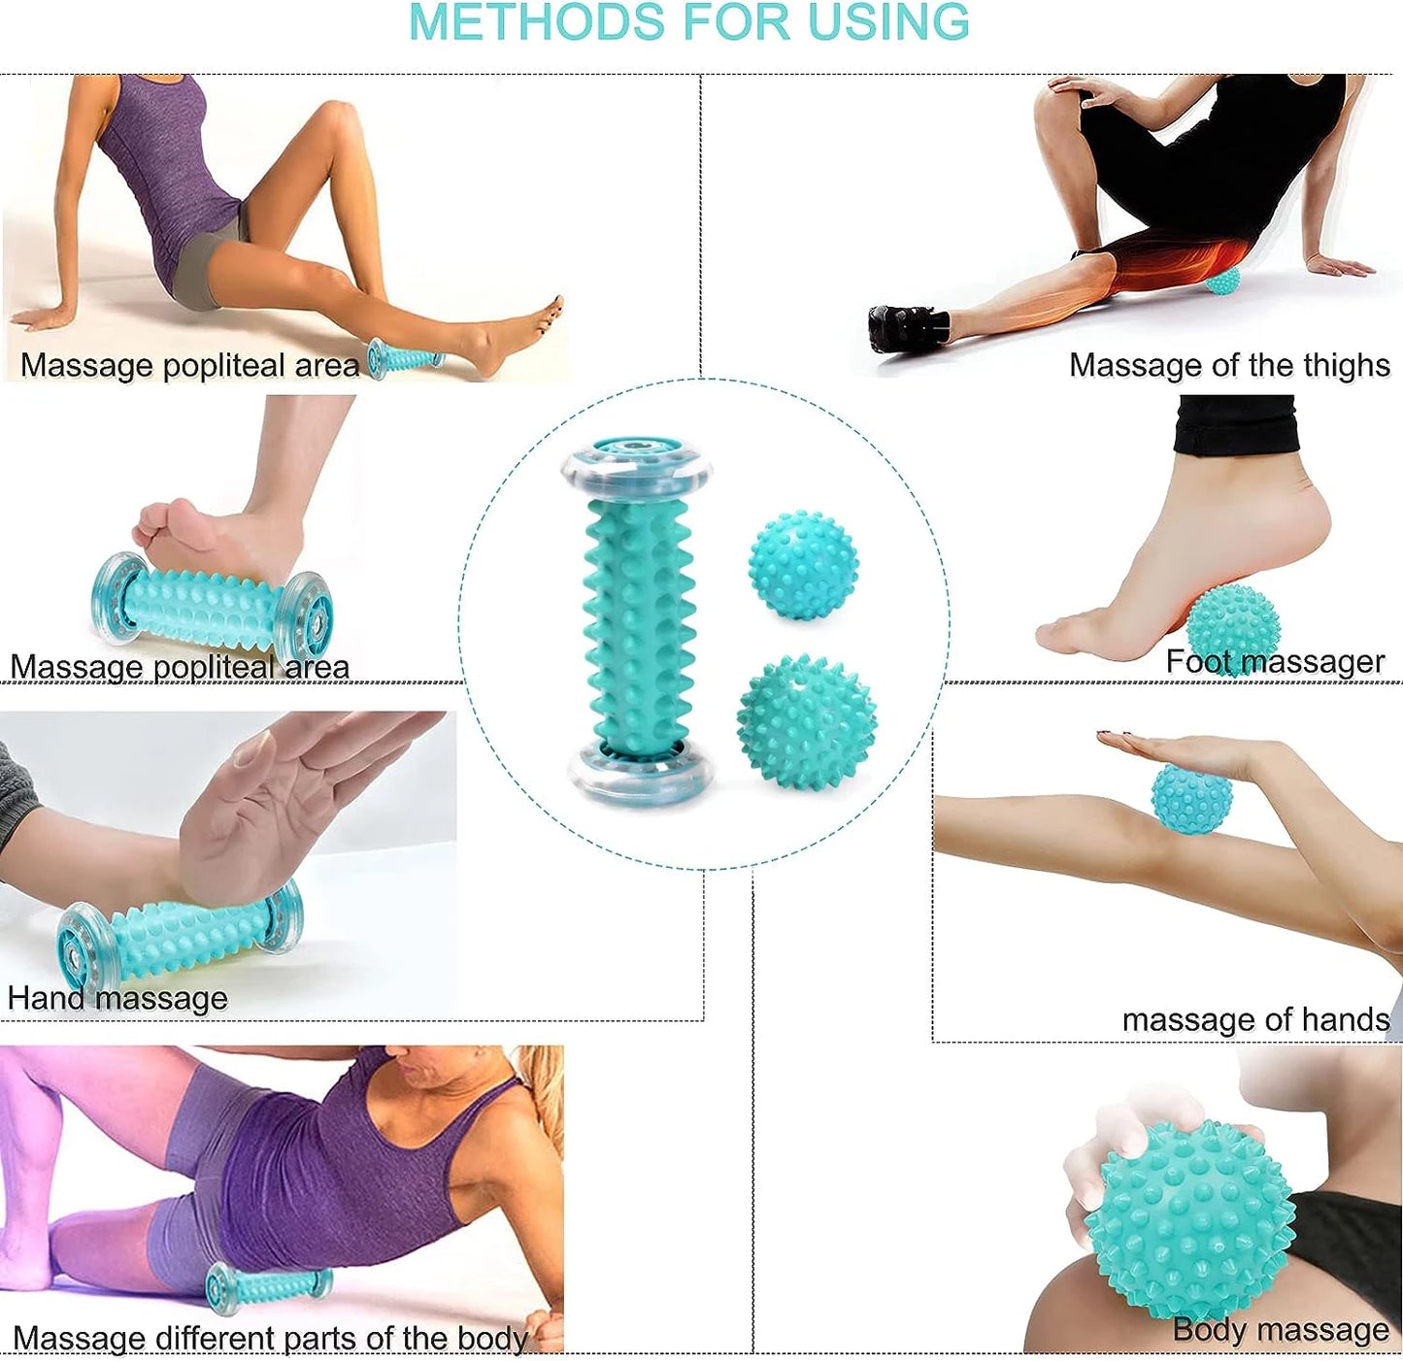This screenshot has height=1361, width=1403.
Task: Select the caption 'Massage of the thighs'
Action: coord(1229,365)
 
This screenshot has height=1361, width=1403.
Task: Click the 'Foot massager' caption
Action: coord(1274,661)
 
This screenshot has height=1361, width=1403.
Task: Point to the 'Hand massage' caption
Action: coord(117,998)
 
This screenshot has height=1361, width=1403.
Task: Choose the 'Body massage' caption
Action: coord(1280,1329)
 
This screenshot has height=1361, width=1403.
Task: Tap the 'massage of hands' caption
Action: coord(1255,1019)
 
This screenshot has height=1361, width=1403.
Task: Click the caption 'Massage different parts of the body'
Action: coord(270,1338)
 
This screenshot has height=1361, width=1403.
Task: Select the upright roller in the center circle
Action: coord(638,621)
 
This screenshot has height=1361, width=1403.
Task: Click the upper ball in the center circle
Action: coord(803,565)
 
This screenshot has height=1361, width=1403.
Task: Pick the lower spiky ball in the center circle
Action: coord(806,721)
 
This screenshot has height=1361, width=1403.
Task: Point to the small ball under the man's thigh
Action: coord(1221,282)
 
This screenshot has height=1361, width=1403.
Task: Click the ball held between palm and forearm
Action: coord(1191,798)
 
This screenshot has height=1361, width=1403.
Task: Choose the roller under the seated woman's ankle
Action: coord(404,358)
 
